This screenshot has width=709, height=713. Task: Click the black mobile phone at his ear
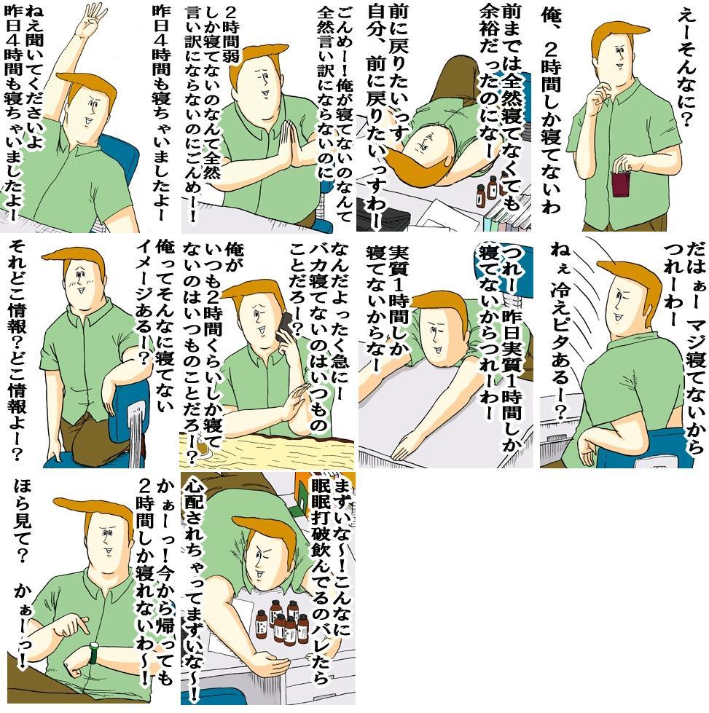(x=285, y=328)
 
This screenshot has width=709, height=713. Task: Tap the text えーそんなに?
(x=686, y=68)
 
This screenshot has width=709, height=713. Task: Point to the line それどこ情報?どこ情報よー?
(x=17, y=351)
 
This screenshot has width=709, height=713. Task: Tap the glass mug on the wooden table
(x=200, y=449)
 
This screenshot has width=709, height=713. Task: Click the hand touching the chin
(x=597, y=96)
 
